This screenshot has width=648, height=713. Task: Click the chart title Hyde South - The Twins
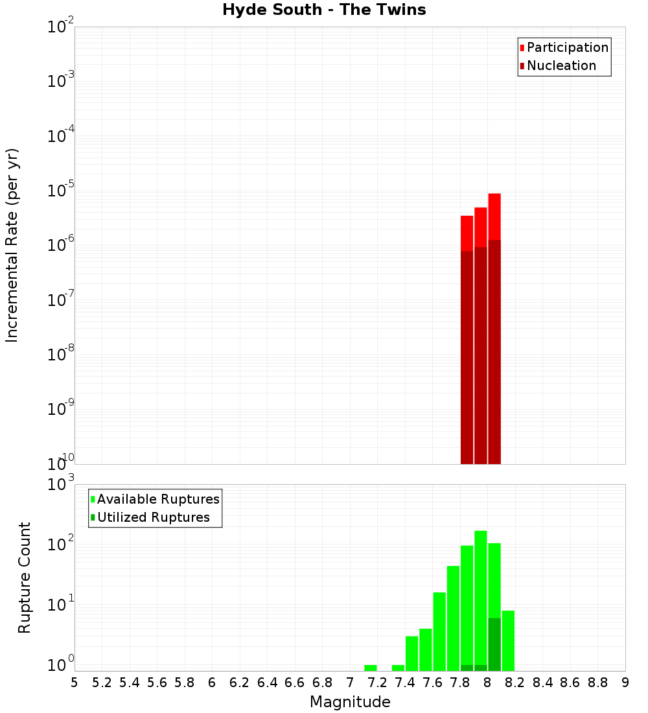[x=324, y=10]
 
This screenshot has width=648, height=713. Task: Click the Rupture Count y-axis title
[x=25, y=577]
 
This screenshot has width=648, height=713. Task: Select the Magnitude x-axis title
[x=350, y=702]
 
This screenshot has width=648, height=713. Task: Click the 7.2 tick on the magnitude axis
[x=377, y=683]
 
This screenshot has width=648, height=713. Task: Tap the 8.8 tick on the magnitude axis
[x=597, y=683]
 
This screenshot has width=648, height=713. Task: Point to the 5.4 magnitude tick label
[x=130, y=683]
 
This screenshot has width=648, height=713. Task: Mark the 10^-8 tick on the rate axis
[x=60, y=354]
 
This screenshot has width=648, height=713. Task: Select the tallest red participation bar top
[x=494, y=194]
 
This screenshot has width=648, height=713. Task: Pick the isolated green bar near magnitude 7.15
[x=371, y=668]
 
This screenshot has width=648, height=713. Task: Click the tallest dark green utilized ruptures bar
[x=494, y=644]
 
